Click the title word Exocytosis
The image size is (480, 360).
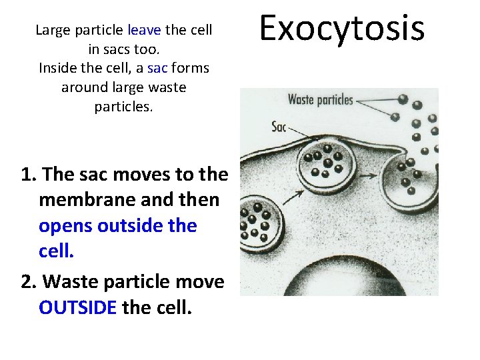click(341, 29)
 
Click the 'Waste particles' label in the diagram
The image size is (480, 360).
click(320, 100)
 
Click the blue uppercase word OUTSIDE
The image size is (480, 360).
click(78, 308)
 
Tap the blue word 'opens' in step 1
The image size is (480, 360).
click(66, 226)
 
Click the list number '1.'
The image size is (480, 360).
click(29, 175)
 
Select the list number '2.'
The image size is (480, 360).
click(29, 282)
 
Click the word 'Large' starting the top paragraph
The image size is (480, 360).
click(53, 30)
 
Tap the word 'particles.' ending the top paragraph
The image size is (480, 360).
click(123, 107)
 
